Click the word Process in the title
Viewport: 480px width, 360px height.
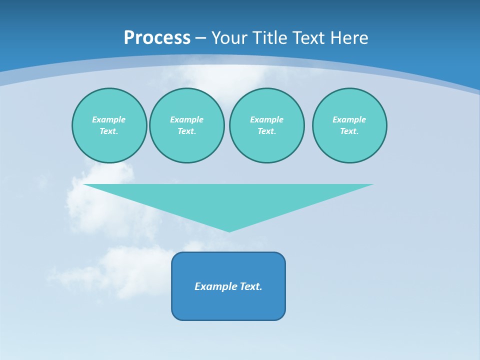[157, 38]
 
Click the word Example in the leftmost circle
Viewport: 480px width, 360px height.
[109, 119]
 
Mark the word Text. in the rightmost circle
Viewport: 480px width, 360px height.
[349, 131]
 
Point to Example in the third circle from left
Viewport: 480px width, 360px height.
[266, 119]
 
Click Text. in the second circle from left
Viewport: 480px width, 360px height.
[186, 131]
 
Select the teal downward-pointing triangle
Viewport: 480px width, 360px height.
[228, 200]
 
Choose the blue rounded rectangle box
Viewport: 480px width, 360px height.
[228, 305]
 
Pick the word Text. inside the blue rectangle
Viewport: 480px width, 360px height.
[251, 286]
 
